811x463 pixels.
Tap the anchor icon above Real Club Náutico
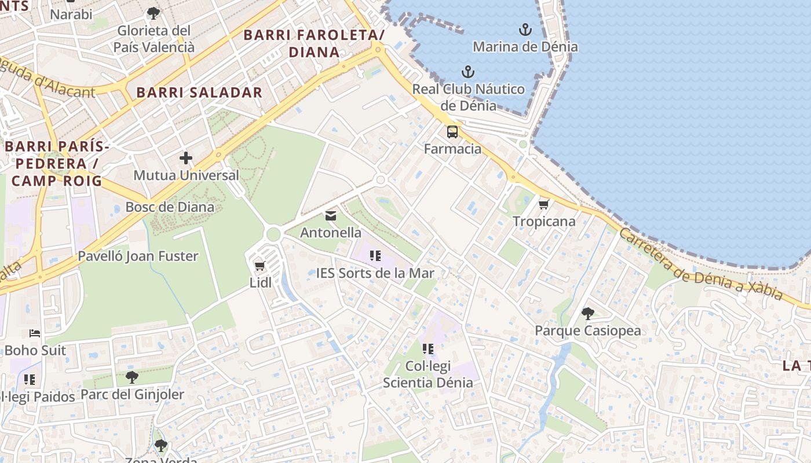click(x=467, y=72)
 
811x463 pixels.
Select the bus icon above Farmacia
click(x=452, y=132)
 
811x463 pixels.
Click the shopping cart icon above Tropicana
click(x=543, y=204)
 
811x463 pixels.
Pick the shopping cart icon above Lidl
click(x=260, y=266)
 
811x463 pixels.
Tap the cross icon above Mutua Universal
click(x=186, y=157)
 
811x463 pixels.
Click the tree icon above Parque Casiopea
click(x=587, y=314)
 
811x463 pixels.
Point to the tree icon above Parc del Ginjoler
click(x=132, y=378)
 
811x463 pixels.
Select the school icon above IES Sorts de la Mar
click(x=375, y=255)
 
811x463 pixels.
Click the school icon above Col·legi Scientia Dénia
click(x=428, y=349)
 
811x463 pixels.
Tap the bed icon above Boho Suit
click(x=35, y=333)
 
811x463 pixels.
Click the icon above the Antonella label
click(x=331, y=216)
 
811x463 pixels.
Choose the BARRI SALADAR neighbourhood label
click(x=199, y=93)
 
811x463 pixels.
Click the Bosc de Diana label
click(x=170, y=207)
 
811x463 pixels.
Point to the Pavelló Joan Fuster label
click(x=138, y=256)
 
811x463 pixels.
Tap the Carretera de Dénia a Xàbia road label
click(x=701, y=264)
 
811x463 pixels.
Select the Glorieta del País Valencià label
click(x=154, y=39)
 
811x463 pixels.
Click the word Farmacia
click(x=452, y=149)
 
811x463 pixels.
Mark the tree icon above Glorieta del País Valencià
click(x=153, y=13)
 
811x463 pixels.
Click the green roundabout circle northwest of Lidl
click(x=273, y=234)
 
